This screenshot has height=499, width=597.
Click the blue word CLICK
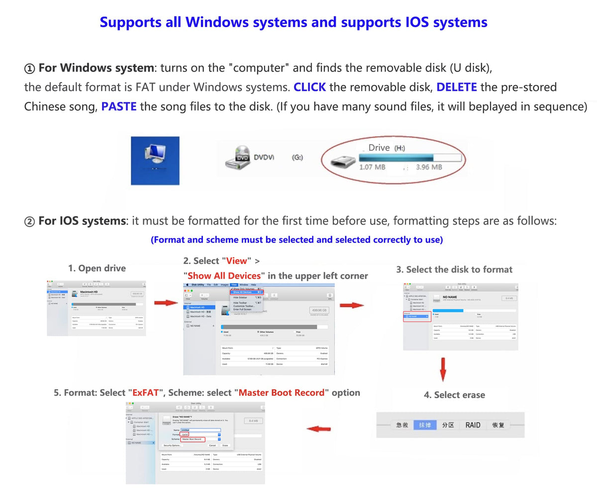pos(310,87)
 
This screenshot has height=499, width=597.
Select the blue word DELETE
pos(457,87)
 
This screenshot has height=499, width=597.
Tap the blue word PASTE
pos(119,106)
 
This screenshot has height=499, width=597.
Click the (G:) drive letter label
pos(297,158)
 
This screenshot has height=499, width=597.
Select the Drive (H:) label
pos(387,148)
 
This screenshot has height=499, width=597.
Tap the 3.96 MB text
pos(429,167)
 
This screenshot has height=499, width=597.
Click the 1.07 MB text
pos(372,167)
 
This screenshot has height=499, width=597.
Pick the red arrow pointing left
pos(320,428)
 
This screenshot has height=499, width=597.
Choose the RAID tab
pos(473,425)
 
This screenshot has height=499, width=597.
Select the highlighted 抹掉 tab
pos(425,425)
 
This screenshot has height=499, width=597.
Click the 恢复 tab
pos(498,425)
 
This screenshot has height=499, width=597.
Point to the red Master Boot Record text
pos(282,393)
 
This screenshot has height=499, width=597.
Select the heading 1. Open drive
pos(97,268)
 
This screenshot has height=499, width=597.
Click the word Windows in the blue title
pos(218,22)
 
